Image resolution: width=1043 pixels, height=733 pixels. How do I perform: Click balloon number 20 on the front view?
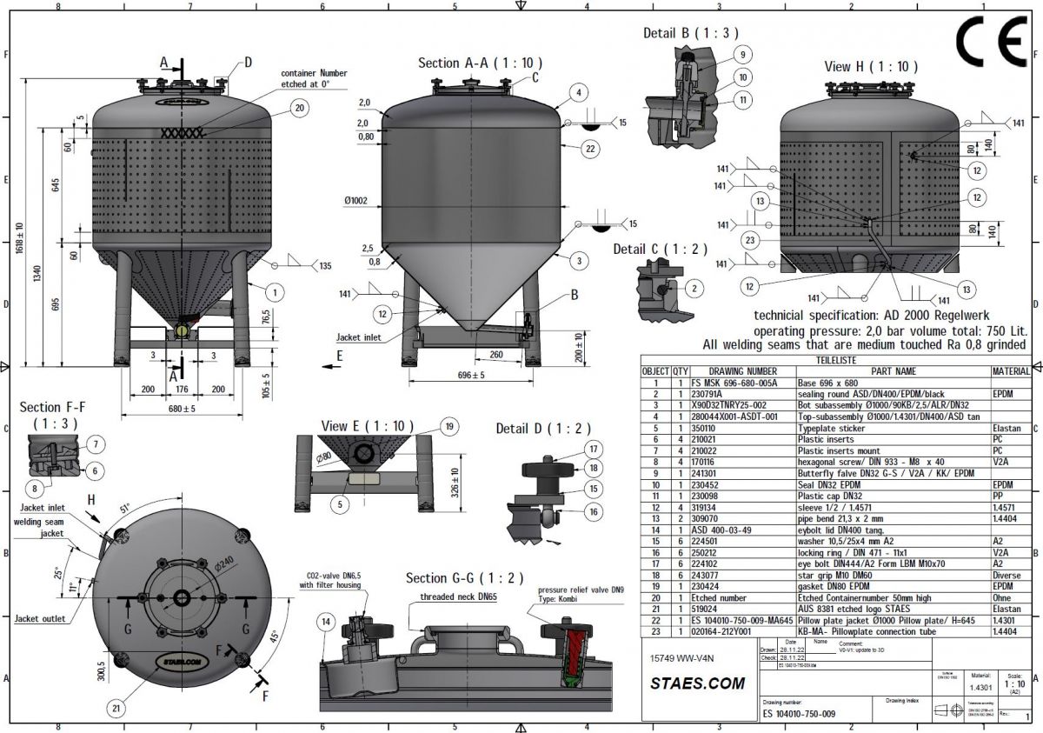[300, 109]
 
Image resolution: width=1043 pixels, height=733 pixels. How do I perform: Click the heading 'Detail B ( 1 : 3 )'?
[690, 33]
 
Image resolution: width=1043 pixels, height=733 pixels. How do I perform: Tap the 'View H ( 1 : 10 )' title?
[870, 66]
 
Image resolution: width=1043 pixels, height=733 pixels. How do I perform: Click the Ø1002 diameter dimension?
[356, 201]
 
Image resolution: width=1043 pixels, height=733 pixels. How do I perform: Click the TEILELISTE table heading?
[835, 359]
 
